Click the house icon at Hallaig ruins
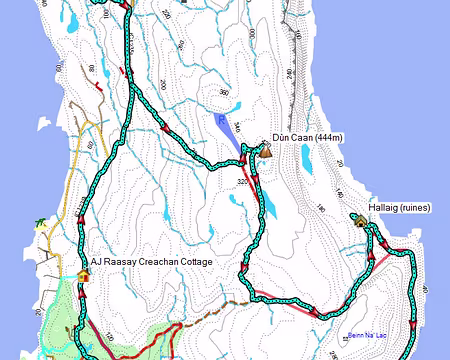pos(357,218)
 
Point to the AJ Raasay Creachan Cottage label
pos(164,262)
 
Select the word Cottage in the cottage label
pos(217,262)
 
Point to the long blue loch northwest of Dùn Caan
pos(229,131)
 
